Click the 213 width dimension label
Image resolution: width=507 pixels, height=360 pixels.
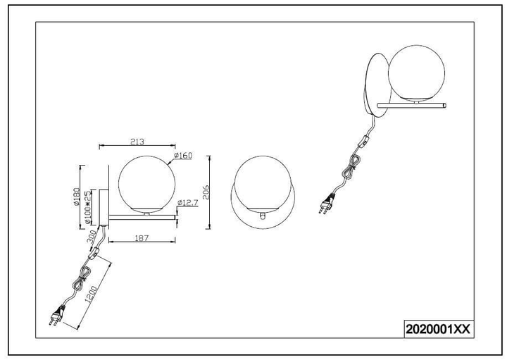pyautogui.click(x=137, y=142)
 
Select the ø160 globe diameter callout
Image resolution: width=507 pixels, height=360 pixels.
pyautogui.click(x=182, y=156)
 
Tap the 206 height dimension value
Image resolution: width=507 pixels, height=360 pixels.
pyautogui.click(x=206, y=192)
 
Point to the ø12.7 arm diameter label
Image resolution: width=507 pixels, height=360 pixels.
pyautogui.click(x=187, y=202)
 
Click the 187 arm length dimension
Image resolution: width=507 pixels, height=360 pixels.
pyautogui.click(x=142, y=238)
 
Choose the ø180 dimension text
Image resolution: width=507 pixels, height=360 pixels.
pyautogui.click(x=77, y=197)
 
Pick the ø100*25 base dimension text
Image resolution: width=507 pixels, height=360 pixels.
pyautogui.click(x=87, y=207)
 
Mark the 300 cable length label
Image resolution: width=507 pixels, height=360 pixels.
pyautogui.click(x=92, y=237)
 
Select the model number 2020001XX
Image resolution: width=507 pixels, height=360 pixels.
pyautogui.click(x=438, y=329)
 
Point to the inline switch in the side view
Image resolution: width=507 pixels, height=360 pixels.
pyautogui.click(x=94, y=252)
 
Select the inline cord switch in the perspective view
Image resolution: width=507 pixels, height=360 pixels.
pyautogui.click(x=364, y=142)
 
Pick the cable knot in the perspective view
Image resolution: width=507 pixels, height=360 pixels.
pyautogui.click(x=353, y=166)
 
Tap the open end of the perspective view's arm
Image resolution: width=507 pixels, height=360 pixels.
pyautogui.click(x=445, y=105)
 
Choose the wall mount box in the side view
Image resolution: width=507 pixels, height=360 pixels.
pyautogui.click(x=104, y=208)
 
